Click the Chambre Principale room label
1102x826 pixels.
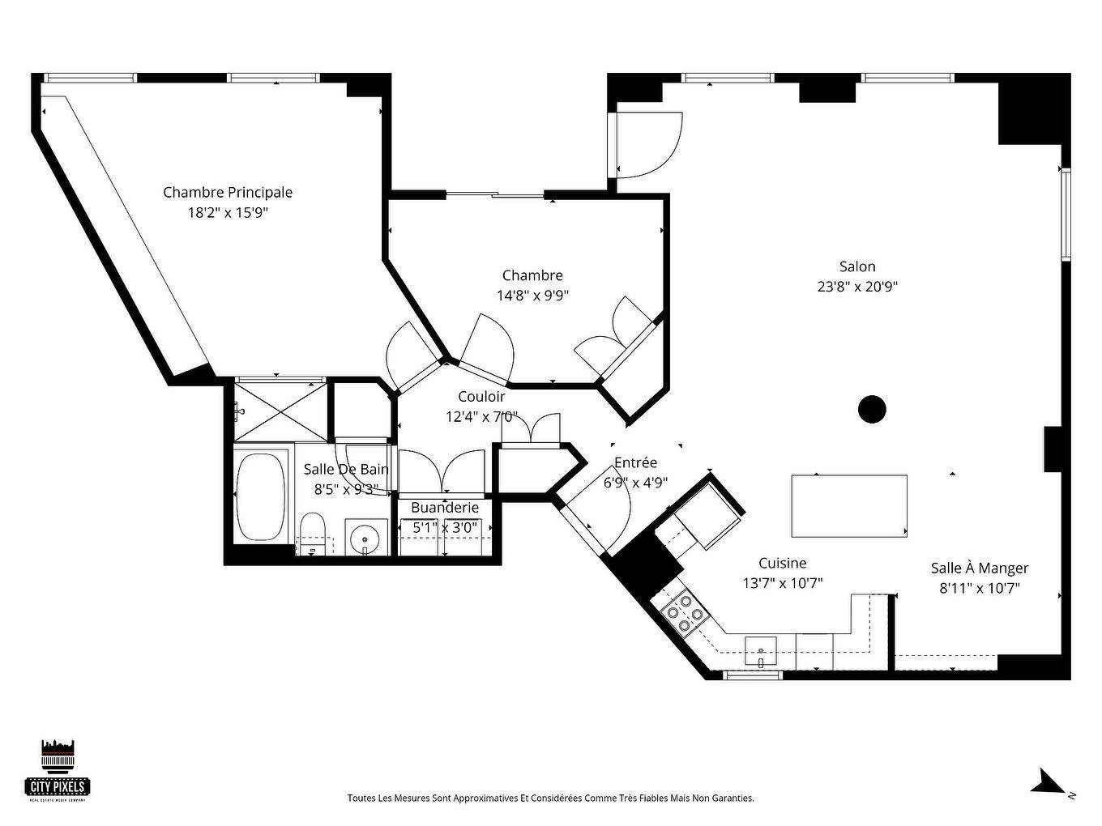click(228, 192)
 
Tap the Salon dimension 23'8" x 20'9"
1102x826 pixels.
click(857, 287)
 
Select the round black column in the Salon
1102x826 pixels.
click(872, 409)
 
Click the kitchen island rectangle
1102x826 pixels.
click(848, 506)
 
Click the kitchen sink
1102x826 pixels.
click(761, 650)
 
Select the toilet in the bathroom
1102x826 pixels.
click(312, 534)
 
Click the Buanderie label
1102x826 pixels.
click(445, 508)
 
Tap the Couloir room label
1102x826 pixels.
click(481, 397)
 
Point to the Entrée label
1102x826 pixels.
click(635, 462)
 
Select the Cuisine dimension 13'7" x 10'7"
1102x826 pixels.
click(783, 583)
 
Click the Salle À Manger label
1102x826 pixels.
click(979, 568)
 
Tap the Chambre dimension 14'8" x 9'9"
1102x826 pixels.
click(532, 296)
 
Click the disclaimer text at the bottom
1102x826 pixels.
click(551, 798)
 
